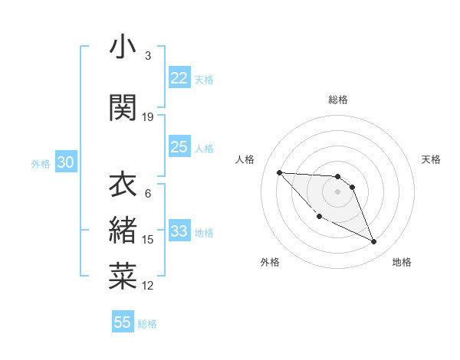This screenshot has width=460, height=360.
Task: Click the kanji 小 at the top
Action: pyautogui.click(x=123, y=48)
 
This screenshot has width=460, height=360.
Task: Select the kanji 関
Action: pyautogui.click(x=123, y=108)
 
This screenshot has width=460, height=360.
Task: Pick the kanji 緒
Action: pyautogui.click(x=123, y=230)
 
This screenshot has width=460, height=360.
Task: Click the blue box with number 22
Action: pyautogui.click(x=179, y=78)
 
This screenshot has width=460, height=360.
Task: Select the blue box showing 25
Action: pyautogui.click(x=179, y=147)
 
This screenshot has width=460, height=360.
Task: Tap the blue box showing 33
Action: pyautogui.click(x=179, y=231)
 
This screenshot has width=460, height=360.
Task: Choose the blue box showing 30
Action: pyautogui.click(x=65, y=162)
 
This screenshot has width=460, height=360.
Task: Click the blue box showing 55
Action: pyautogui.click(x=123, y=322)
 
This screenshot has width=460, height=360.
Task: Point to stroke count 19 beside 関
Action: pyautogui.click(x=148, y=116)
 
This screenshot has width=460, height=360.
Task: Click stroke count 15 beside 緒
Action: pyautogui.click(x=148, y=239)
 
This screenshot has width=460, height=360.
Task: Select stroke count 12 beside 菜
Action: pyautogui.click(x=148, y=286)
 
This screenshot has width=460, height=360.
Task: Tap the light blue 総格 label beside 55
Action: pyautogui.click(x=147, y=324)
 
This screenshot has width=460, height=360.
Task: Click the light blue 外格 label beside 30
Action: pyautogui.click(x=41, y=163)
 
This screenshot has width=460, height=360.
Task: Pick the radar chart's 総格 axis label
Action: pyautogui.click(x=337, y=100)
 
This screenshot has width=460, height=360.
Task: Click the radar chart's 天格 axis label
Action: pyautogui.click(x=431, y=159)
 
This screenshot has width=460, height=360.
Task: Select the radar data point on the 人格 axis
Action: pyautogui.click(x=279, y=172)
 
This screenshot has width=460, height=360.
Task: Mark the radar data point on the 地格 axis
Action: pyautogui.click(x=374, y=242)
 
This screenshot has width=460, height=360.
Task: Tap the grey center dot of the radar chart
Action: pyautogui.click(x=337, y=191)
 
